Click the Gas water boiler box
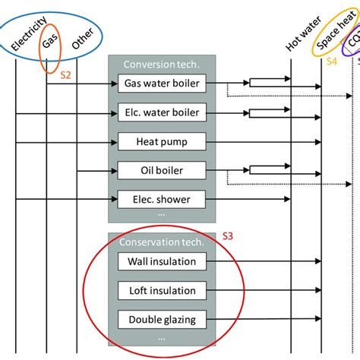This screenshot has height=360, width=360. [x=162, y=84]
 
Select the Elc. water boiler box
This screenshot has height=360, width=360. [x=162, y=112]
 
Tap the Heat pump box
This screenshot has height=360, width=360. [x=162, y=141]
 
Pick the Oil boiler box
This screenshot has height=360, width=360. [x=162, y=170]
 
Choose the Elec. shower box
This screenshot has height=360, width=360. [x=162, y=199]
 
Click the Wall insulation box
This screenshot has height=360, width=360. [x=162, y=261]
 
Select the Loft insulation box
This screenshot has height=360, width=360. [x=162, y=290]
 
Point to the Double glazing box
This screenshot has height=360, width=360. [x=162, y=319]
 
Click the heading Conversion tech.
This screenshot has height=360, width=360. [x=161, y=65]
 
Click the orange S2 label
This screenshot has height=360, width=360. [x=65, y=76]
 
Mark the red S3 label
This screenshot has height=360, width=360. [x=227, y=237]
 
